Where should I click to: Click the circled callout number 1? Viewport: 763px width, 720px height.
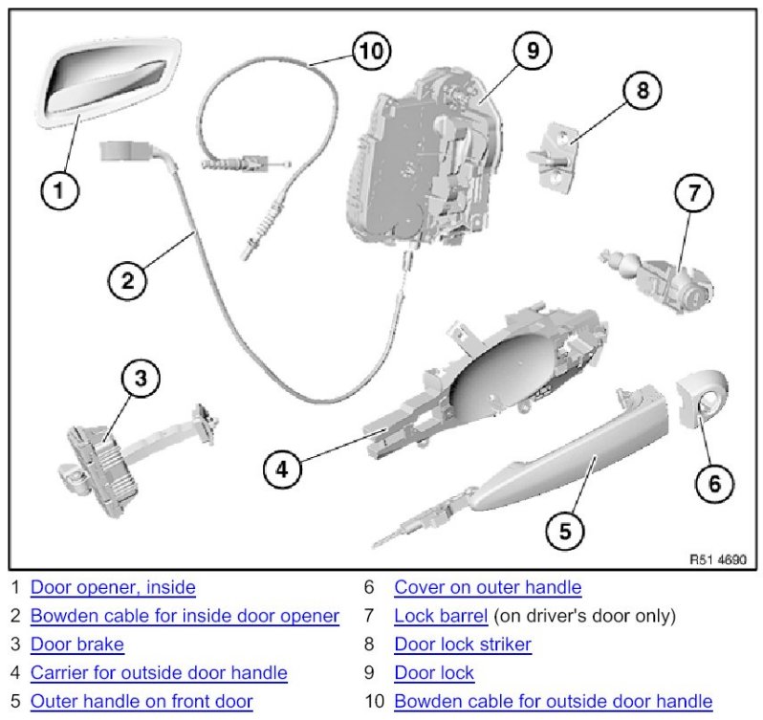pyautogui.click(x=59, y=190)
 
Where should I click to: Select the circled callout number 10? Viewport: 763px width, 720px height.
pyautogui.click(x=372, y=51)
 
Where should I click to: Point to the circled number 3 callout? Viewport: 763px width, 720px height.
pyautogui.click(x=141, y=379)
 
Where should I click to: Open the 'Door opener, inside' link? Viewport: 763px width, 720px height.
pyautogui.click(x=113, y=587)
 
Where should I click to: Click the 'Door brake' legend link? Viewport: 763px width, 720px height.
pyautogui.click(x=77, y=644)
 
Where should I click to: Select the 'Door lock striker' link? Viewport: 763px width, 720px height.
pyautogui.click(x=463, y=644)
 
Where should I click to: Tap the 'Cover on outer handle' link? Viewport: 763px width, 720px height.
pyautogui.click(x=488, y=587)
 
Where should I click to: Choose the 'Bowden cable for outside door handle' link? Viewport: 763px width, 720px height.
pyautogui.click(x=553, y=702)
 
